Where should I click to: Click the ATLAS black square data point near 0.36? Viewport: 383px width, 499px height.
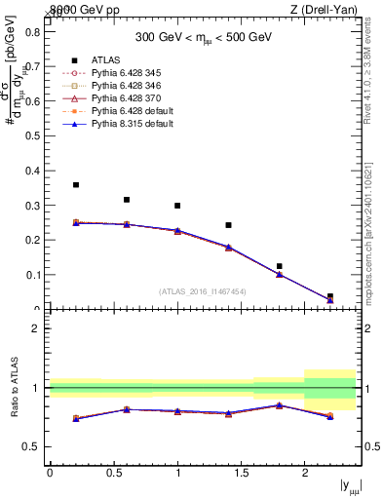[76, 184]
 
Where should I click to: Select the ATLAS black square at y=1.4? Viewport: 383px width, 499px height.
[228, 225]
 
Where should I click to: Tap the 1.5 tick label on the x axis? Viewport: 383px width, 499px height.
[241, 473]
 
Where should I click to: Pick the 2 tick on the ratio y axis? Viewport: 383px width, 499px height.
[37, 328]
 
